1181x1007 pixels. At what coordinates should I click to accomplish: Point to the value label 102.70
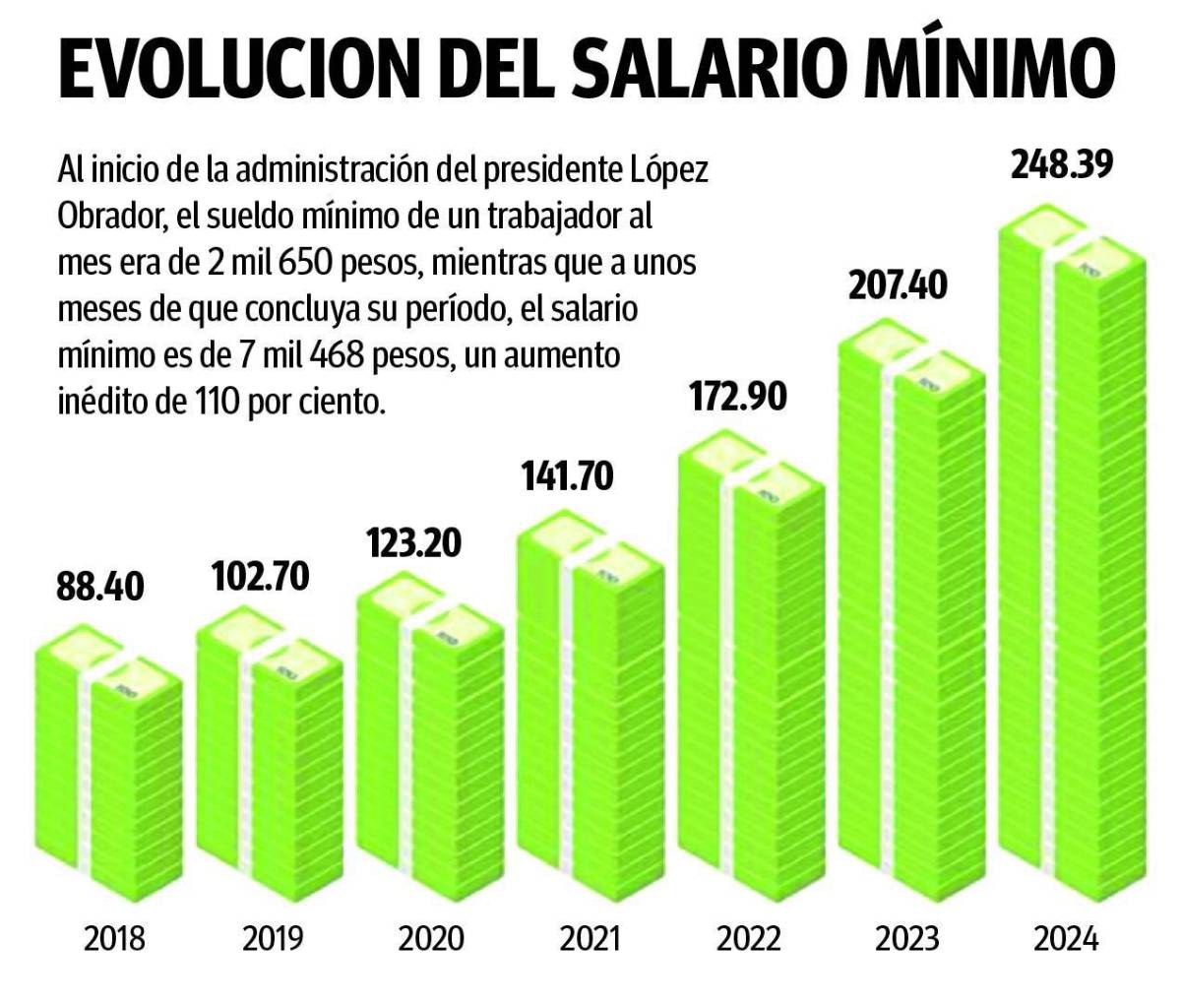click(260, 576)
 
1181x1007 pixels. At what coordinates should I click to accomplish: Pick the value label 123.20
click(413, 542)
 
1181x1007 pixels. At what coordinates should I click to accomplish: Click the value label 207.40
click(898, 286)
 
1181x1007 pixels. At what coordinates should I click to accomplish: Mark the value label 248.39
click(1062, 164)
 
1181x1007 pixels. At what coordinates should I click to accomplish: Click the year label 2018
click(114, 938)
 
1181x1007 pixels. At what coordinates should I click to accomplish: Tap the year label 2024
click(1065, 938)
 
